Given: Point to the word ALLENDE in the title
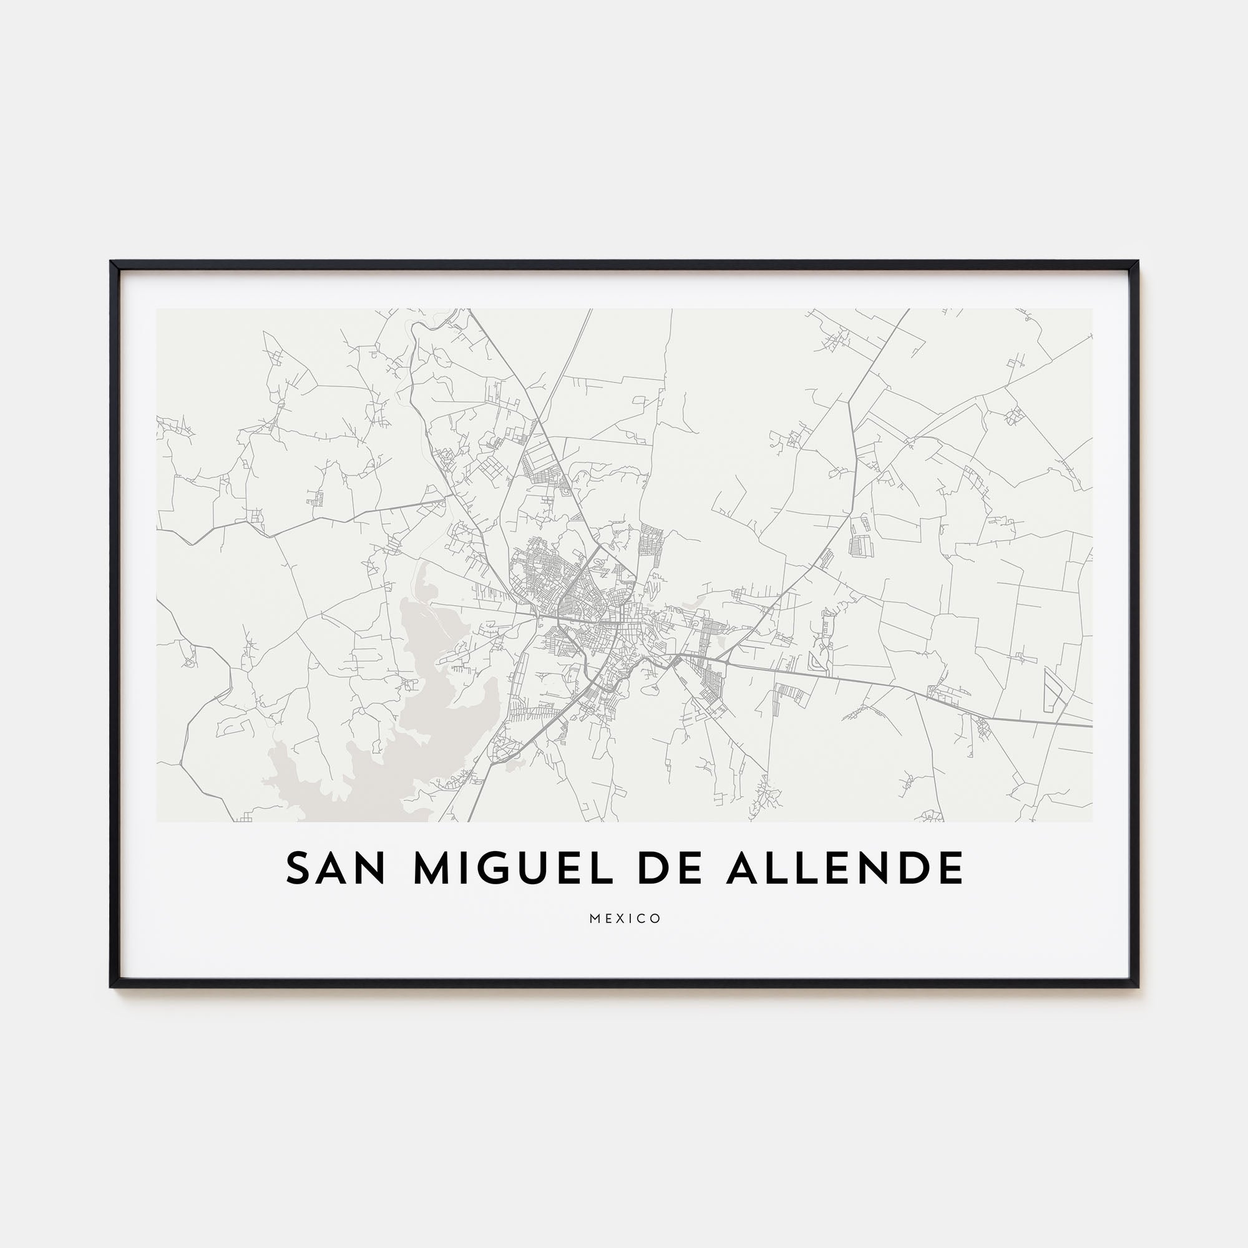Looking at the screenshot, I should click(x=845, y=867).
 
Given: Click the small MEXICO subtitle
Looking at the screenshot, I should click(x=625, y=919).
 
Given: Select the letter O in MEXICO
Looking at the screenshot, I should click(x=656, y=919).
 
